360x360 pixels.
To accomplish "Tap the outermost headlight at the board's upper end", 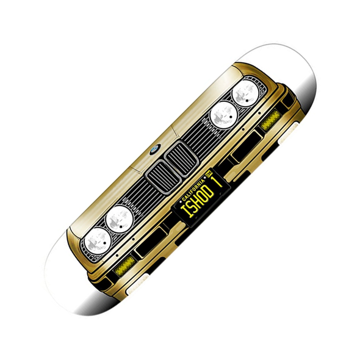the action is point(246,93).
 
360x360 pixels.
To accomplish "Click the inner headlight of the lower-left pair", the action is point(120,219).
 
